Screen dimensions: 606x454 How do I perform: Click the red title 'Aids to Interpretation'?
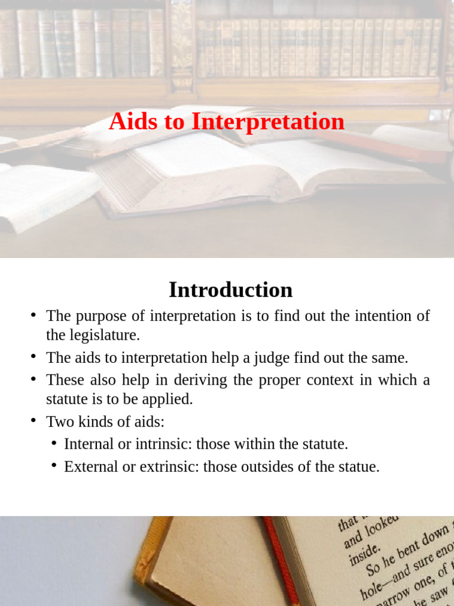(226, 122)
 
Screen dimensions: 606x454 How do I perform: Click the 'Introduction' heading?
(231, 290)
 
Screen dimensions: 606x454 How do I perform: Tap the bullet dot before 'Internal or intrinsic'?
(54, 443)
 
